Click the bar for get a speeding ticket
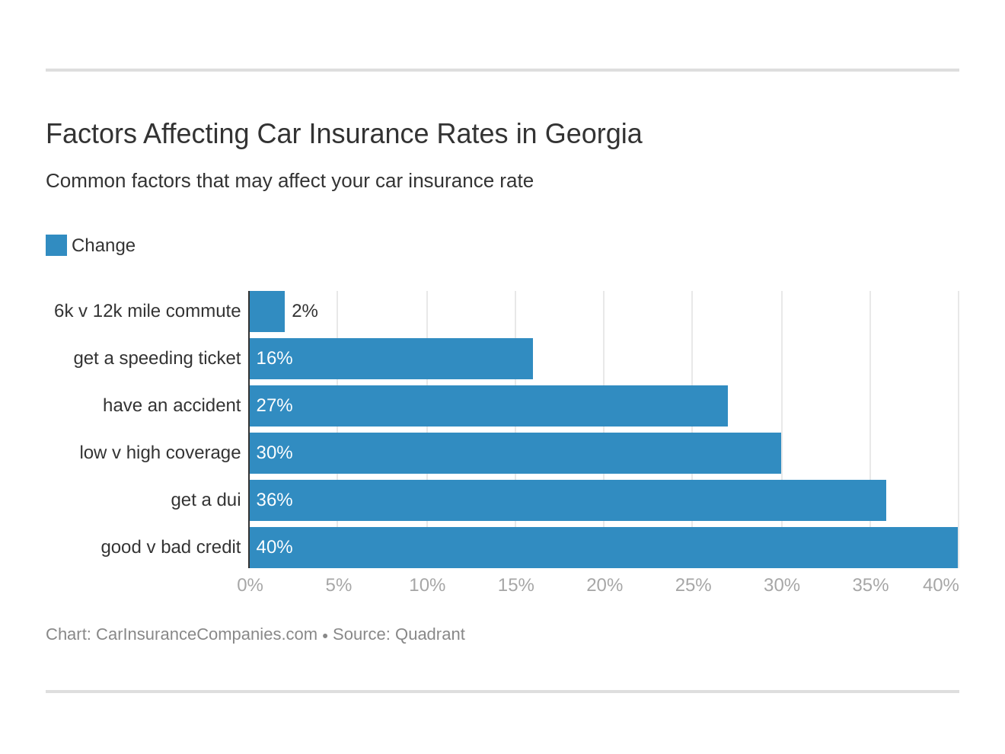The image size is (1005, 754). (x=391, y=359)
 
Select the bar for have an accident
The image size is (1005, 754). (x=488, y=406)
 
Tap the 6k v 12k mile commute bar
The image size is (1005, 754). (x=267, y=312)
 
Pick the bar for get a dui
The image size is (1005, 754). (x=567, y=500)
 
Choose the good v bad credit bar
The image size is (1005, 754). (x=603, y=548)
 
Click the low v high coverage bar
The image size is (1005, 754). (x=515, y=453)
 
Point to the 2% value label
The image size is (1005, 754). (x=305, y=311)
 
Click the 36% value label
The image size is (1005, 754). (x=274, y=500)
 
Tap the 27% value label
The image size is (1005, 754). (x=274, y=405)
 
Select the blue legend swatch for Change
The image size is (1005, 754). (x=56, y=245)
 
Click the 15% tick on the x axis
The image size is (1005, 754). (x=515, y=585)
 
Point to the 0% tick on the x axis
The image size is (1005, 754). (x=250, y=585)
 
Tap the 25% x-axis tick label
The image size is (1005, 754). (x=693, y=585)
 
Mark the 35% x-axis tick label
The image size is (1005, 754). (x=870, y=585)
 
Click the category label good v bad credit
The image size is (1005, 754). (x=171, y=547)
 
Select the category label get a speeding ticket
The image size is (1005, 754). (x=157, y=358)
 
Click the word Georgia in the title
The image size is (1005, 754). (x=593, y=134)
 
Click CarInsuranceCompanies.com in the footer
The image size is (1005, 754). (x=206, y=634)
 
